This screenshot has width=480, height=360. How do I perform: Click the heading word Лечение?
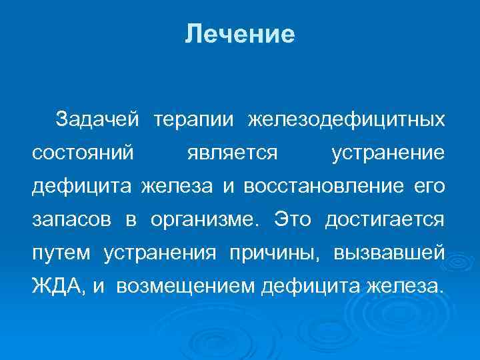240,34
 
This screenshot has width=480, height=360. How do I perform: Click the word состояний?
83,153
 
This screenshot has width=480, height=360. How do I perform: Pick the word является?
232,153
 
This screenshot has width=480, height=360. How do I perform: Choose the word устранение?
387,153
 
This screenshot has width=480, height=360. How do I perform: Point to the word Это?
291,219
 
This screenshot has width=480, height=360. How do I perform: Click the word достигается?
385,219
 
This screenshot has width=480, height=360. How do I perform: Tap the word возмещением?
187,287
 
